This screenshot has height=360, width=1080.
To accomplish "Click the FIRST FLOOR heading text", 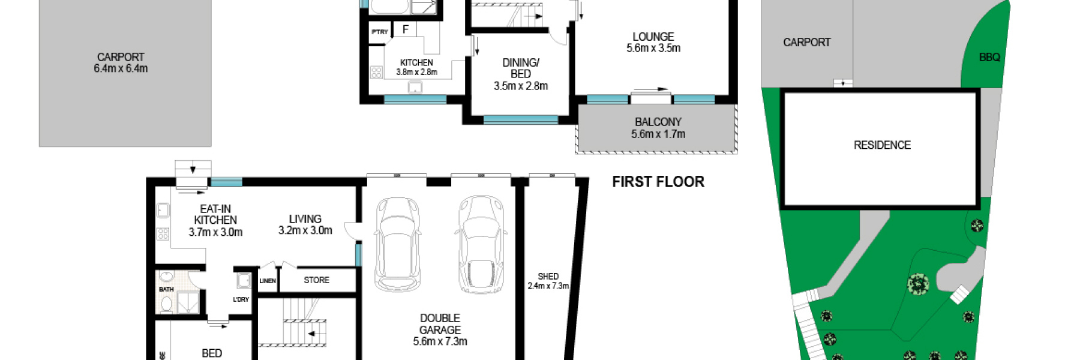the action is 658,182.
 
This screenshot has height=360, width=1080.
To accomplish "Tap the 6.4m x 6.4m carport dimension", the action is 121,68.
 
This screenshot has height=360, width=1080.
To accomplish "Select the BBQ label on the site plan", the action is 989,58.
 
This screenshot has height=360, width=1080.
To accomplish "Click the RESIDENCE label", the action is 882,145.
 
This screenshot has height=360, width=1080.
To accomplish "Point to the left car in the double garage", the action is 397,244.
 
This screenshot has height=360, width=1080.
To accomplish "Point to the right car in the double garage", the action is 482,244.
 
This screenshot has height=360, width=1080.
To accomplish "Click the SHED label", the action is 548,277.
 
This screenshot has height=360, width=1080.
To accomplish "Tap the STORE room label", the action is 316,280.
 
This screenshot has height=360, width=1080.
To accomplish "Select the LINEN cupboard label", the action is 268,281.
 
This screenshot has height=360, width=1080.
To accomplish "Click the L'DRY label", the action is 241,299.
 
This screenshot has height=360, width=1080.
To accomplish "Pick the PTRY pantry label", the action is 380,32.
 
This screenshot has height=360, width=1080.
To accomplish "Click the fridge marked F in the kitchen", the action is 406,29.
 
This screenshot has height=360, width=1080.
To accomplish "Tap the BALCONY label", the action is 658,122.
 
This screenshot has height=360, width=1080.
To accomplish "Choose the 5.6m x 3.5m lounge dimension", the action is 653,49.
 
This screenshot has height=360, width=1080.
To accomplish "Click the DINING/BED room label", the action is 521,68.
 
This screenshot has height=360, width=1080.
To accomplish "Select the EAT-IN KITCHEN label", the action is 215,215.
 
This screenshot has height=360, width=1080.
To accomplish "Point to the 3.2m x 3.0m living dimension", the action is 305,230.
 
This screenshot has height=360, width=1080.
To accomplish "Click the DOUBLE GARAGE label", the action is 440,324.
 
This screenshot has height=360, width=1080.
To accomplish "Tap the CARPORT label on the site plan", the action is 807,43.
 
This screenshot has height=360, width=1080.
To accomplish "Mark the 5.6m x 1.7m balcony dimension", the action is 658,134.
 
